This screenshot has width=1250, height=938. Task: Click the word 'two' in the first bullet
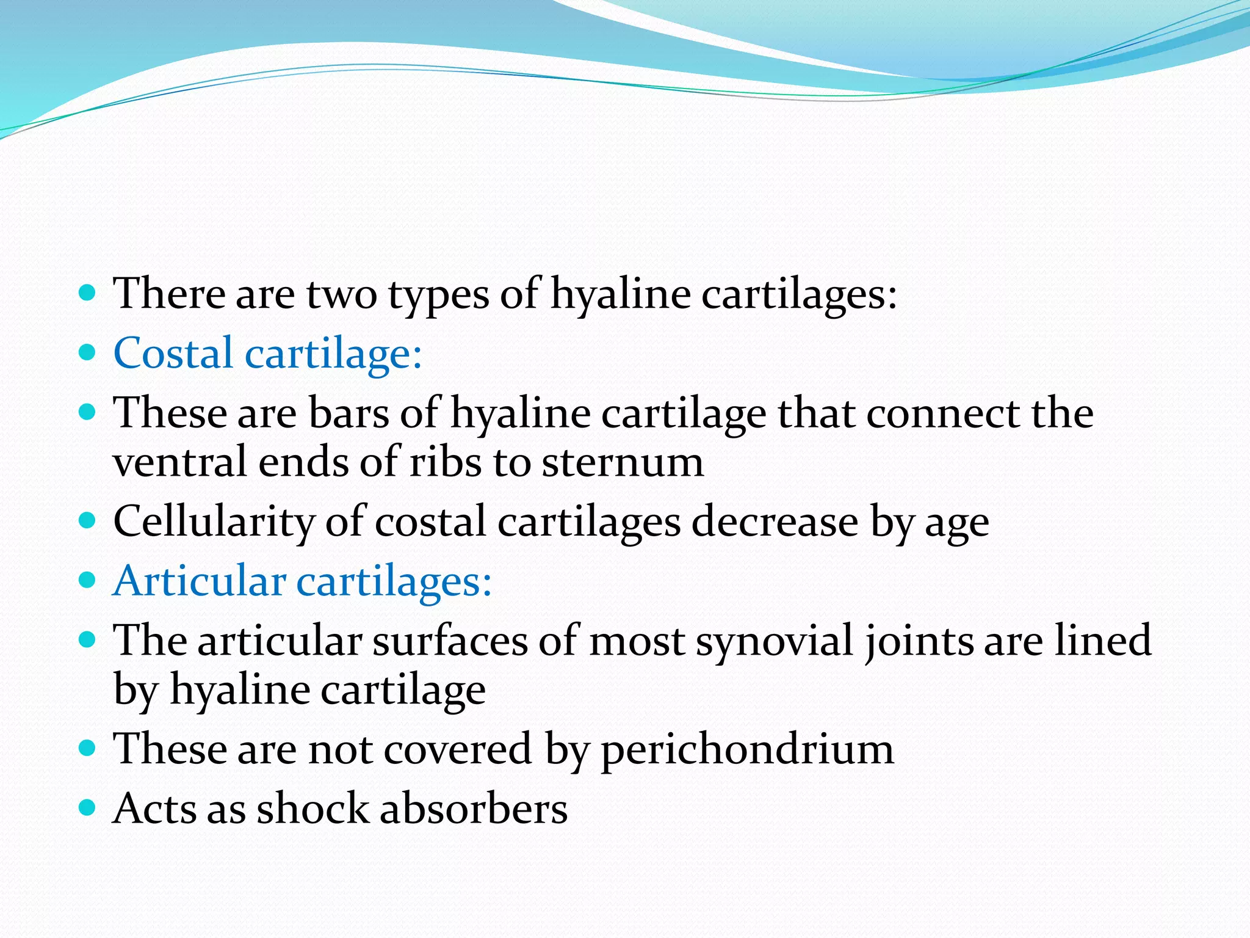[341, 295]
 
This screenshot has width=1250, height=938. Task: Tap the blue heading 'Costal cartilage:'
[267, 354]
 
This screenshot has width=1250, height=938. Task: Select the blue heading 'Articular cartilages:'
[302, 581]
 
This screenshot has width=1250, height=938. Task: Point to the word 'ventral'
[179, 462]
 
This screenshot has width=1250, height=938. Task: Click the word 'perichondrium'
[747, 750]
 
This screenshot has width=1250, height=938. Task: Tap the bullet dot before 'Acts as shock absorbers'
[88, 808]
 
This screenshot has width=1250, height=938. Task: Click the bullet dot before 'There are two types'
[88, 293]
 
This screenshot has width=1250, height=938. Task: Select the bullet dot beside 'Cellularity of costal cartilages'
[88, 521]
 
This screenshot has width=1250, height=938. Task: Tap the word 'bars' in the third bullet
[349, 413]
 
